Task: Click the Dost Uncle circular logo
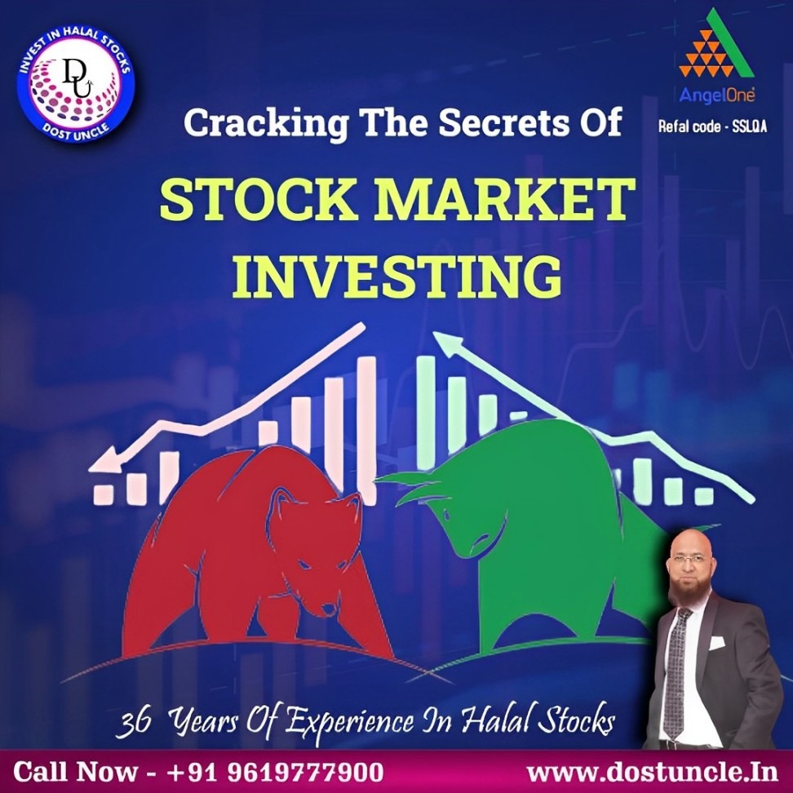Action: coord(75,84)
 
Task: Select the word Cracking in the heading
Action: coord(266,124)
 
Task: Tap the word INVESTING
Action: coord(397,277)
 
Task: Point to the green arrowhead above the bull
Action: coord(448,343)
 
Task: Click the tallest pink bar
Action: coord(366,431)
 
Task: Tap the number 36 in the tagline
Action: coord(133,722)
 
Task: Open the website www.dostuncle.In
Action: coord(652,772)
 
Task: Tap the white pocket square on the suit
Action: coord(716,642)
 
